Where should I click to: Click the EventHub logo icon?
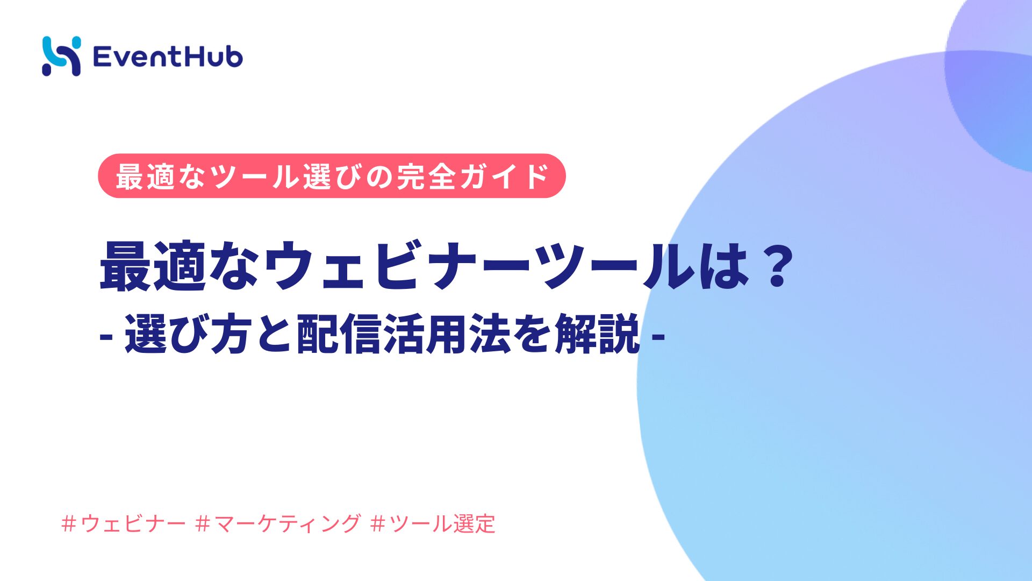pos(61,56)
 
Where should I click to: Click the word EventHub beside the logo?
pos(168,56)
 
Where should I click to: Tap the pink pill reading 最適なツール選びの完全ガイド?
pos(332,176)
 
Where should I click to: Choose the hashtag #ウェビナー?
pos(124,523)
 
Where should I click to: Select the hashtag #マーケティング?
pos(278,523)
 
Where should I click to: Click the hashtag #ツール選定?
pos(433,523)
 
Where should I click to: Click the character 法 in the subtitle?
pos(490,334)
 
